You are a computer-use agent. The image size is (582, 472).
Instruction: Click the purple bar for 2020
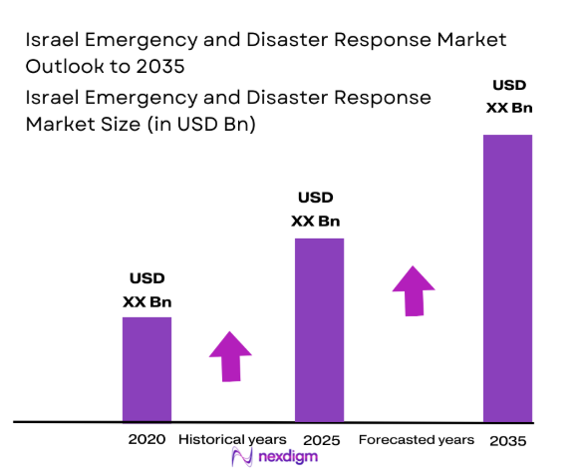click(146, 369)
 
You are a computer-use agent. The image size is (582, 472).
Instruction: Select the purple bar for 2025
click(319, 329)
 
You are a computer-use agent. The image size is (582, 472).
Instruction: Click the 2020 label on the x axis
click(146, 440)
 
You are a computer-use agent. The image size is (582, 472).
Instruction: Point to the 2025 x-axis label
click(321, 440)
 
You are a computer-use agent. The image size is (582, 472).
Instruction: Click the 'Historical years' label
click(232, 440)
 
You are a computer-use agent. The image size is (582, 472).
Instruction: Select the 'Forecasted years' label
click(416, 440)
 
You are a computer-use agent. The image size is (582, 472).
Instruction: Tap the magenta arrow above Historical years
click(230, 355)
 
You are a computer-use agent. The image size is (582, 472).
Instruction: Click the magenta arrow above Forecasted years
click(413, 290)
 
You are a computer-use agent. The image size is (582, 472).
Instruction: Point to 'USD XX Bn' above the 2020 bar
click(147, 289)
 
